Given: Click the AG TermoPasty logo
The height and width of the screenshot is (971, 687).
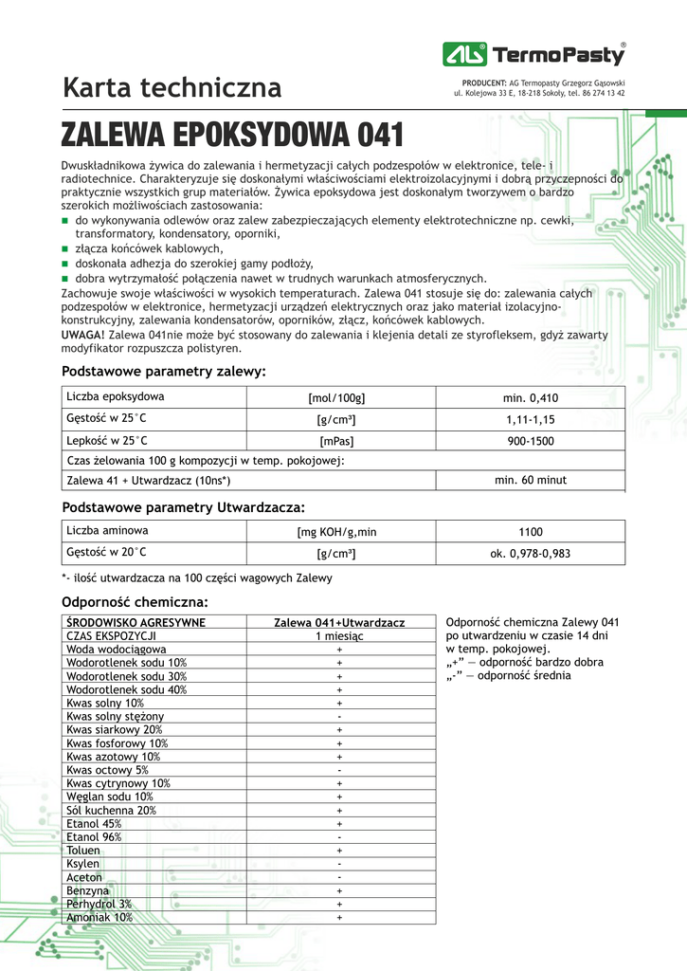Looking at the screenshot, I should [533, 55].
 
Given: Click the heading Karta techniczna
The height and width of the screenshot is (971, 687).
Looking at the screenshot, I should [172, 88].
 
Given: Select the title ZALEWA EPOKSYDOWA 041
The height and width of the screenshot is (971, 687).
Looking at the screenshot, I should [233, 136].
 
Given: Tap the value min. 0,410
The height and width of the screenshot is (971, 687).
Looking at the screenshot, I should [531, 397].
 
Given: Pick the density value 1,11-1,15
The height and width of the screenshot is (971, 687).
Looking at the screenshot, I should [531, 419].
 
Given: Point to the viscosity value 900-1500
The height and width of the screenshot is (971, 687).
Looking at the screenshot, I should [531, 441].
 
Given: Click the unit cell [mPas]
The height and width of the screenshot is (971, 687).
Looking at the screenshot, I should [336, 441].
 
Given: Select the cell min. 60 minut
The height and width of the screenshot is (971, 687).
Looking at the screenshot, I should [531, 481].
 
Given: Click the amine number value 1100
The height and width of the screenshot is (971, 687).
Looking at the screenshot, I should [531, 532].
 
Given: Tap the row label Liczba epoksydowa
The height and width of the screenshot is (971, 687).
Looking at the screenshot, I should [116, 396].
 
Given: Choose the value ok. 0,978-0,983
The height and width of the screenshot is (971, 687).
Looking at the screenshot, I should [531, 554].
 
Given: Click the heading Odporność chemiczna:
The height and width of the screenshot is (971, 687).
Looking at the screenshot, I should [135, 602].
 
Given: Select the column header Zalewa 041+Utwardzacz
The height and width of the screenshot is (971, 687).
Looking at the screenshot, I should [339, 622].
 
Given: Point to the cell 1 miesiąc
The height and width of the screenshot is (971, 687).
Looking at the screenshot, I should [339, 635].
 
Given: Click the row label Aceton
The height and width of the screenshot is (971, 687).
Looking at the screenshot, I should [84, 877].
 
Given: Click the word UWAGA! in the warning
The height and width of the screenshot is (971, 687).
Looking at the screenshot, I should [83, 335].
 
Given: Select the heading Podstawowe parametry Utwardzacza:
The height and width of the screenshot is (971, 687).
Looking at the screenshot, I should [183, 507].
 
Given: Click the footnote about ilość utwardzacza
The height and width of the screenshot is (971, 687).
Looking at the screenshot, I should [196, 577].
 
